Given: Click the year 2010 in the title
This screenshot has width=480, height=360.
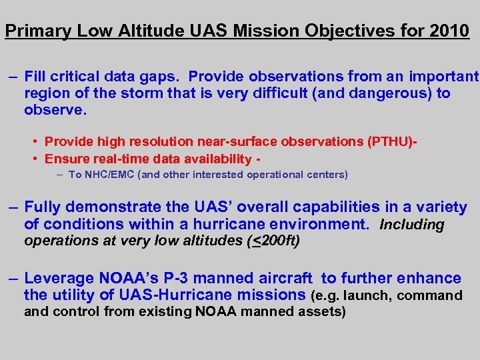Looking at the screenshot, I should point(450,31).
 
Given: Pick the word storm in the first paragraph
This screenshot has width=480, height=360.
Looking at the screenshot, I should point(142,93).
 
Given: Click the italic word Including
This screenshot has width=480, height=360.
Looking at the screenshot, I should point(411,225).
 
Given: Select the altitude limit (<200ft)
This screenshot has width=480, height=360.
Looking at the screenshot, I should point(273,241).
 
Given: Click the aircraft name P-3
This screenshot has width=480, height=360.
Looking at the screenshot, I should point(200,278).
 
